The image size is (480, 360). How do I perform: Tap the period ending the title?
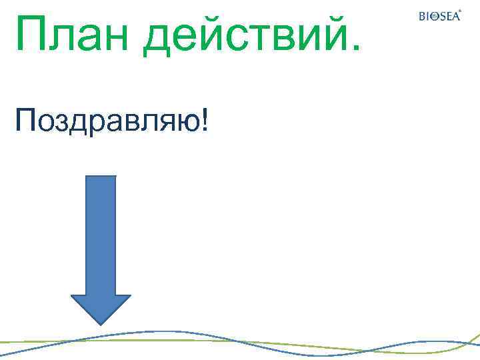coord(353,48)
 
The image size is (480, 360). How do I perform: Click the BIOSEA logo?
coord(439,16)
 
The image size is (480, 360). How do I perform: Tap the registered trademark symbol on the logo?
coord(460,11)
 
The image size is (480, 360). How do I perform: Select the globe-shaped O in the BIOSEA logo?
coord(434,17)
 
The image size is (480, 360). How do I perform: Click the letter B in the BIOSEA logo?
coord(422,17)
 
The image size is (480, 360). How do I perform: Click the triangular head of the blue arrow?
coord(100,309)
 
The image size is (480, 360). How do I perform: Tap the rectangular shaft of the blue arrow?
coord(100,233)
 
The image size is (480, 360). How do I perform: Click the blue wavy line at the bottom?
coord(167,331)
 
